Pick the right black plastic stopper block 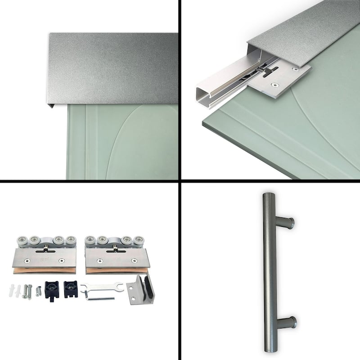(x=71, y=288)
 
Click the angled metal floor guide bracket (x=140, y=290)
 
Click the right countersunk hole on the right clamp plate (x=134, y=261)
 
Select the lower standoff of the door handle (x=287, y=322)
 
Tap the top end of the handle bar (x=268, y=197)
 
